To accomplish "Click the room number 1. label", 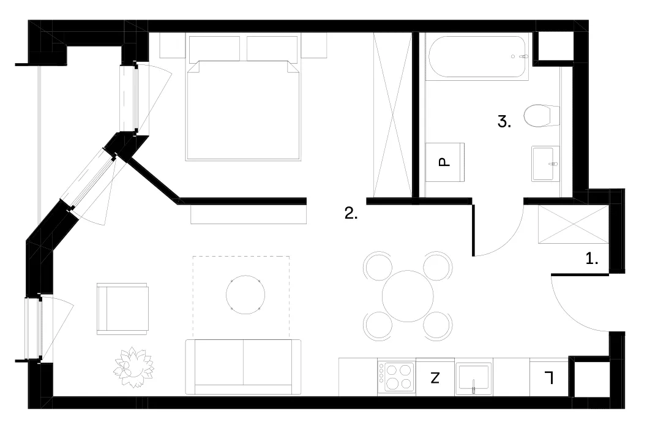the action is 592,258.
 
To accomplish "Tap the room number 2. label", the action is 351,213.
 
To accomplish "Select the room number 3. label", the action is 504,122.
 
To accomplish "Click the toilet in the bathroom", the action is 542,116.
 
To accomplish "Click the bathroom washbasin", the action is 545,164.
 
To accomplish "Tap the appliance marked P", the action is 445,162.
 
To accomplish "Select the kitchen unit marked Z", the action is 435,377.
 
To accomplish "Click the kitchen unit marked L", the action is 549,377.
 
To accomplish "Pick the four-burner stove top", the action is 397,377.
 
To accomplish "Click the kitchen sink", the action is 474,378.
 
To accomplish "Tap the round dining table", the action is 408,296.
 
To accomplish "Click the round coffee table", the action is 245,295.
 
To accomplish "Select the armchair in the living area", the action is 122,309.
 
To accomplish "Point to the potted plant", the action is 133,367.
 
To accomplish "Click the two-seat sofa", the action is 243,367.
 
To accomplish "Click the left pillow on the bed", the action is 215,49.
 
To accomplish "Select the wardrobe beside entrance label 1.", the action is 574,225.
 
